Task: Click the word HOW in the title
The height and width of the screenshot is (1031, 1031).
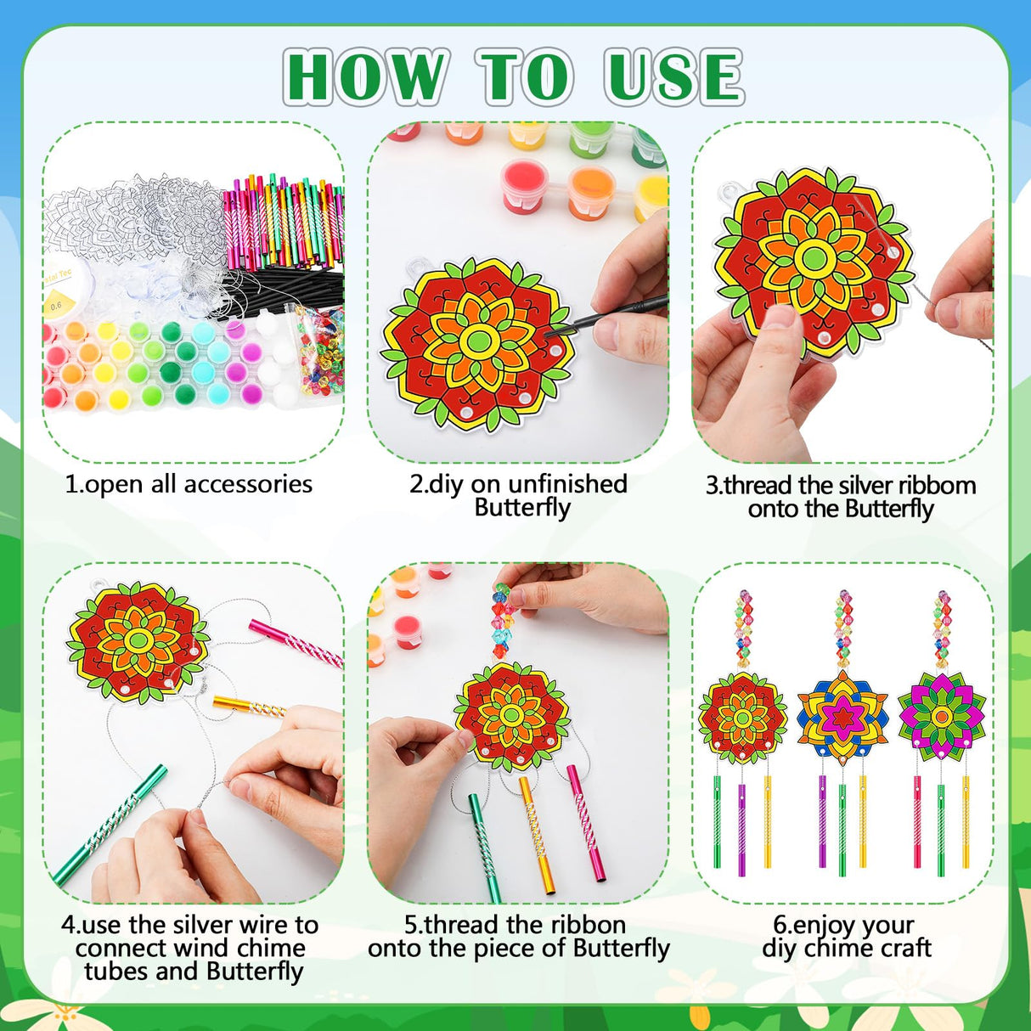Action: click(365, 77)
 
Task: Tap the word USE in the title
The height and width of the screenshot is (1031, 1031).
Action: click(674, 77)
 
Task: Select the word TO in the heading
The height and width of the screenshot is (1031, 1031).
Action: click(524, 77)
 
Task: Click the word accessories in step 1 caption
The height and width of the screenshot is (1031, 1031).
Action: click(248, 484)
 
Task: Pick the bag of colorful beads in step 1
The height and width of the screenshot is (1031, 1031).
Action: click(319, 348)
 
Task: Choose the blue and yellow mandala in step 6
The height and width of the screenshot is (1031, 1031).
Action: click(842, 714)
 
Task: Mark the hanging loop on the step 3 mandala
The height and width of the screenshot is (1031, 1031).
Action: click(728, 193)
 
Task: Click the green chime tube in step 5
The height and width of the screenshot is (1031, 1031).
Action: click(483, 845)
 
